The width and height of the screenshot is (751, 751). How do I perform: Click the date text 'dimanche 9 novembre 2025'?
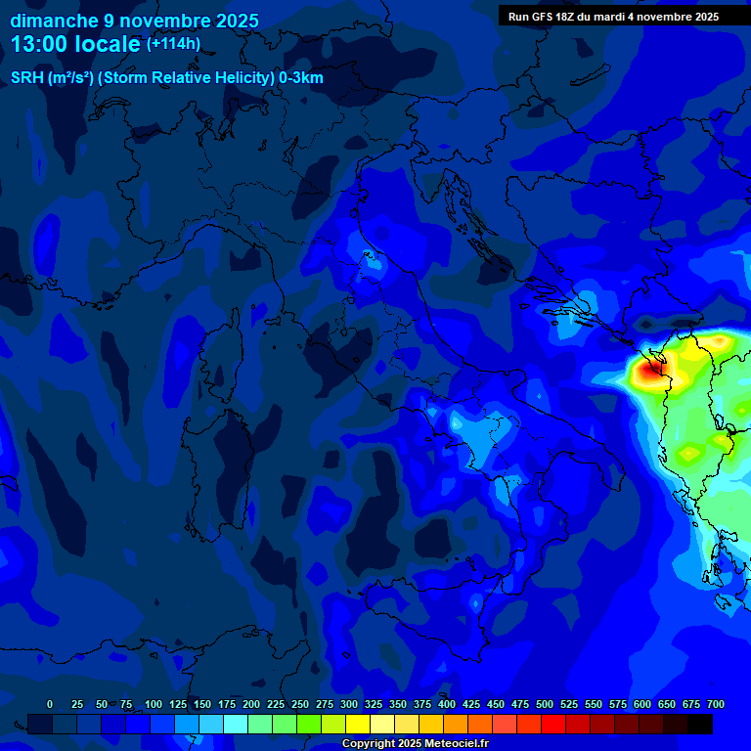coord(134,21)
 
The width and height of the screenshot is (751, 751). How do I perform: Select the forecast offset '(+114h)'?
coord(173,44)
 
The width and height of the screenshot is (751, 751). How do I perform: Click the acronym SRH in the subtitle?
coord(26,78)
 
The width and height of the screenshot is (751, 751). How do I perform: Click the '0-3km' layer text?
coord(301,78)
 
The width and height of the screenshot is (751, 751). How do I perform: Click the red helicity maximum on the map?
coord(649,371)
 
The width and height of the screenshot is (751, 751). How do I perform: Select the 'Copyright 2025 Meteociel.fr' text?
coord(415,744)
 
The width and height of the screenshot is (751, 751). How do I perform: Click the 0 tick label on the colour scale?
coord(50,704)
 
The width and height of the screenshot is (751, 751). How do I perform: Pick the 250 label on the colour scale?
coord(300,704)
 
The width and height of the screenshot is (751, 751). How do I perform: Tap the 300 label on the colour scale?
coord(349,704)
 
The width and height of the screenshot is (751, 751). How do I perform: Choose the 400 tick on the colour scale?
coord(447,704)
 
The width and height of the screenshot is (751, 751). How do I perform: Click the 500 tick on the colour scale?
coord(545,704)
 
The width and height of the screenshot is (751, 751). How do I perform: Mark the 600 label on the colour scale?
coord(642,704)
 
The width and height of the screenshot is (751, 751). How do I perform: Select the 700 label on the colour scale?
coord(716,704)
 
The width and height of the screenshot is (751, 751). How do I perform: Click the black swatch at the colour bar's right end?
coord(700,724)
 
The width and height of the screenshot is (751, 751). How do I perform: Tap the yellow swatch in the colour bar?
coord(358,724)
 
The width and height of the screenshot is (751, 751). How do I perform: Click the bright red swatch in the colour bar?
coord(553,724)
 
